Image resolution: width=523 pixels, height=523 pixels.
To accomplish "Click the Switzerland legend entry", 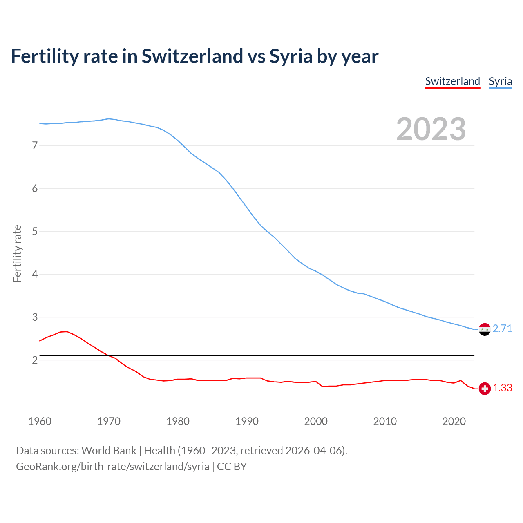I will point(452,81).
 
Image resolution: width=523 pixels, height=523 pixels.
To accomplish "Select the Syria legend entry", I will point(500,81).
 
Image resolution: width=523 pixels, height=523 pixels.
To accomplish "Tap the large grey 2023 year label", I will point(431,129).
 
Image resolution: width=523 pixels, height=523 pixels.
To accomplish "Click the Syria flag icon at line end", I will point(485,329).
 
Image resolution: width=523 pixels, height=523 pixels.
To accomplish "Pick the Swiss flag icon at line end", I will point(485,389).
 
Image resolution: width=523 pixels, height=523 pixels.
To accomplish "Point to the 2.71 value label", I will point(502,329).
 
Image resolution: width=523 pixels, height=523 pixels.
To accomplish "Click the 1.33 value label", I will point(502,388).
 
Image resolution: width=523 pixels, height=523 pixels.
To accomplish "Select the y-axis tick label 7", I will point(35,145).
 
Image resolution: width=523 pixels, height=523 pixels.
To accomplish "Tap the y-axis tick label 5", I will point(35,232).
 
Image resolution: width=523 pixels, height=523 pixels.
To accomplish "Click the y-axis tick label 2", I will point(35,360).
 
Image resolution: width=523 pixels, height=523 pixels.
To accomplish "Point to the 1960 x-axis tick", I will point(40,421).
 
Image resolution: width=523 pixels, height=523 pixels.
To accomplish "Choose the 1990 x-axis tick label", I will point(247,421).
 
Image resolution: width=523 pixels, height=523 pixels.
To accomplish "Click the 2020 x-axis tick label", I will point(454,421).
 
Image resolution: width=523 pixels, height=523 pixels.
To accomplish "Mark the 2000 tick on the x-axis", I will point(316,421).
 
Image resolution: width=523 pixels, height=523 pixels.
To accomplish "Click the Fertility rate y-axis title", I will point(17,253).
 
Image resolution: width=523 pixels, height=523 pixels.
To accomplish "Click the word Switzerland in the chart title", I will point(192,56).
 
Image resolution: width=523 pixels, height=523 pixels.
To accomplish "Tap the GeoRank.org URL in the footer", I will point(112,467).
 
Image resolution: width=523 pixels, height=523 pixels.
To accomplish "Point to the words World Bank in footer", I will point(109,451).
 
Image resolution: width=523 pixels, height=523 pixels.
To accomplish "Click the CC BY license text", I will point(232,467).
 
